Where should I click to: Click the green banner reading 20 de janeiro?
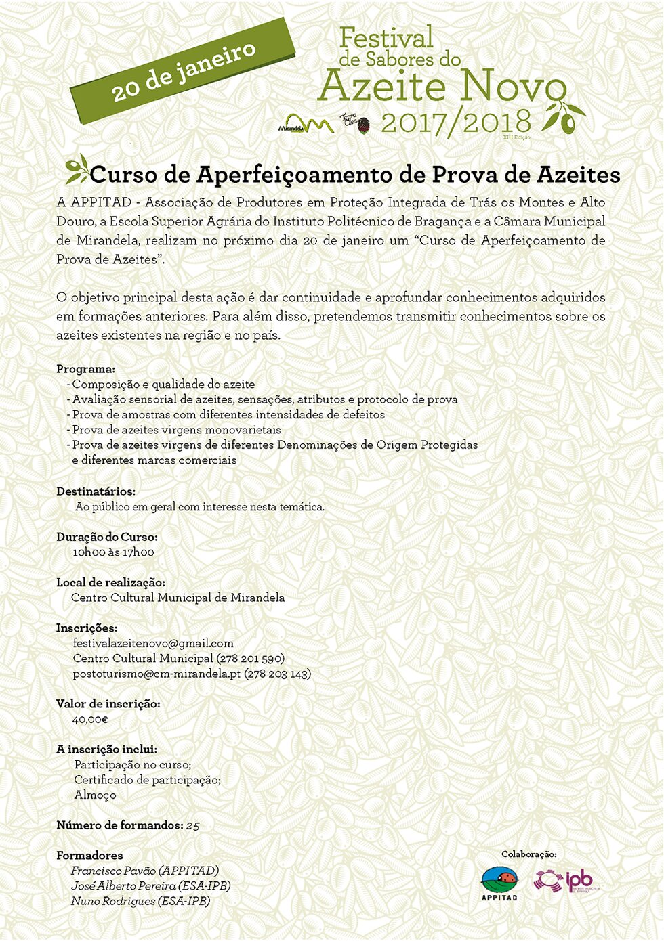(183, 70)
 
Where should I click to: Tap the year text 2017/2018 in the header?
(455, 123)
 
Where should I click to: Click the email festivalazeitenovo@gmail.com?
(153, 643)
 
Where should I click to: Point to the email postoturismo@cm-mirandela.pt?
(157, 674)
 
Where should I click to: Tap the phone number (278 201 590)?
(250, 658)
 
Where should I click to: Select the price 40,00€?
(90, 719)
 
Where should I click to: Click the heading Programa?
(85, 369)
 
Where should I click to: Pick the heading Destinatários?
(96, 491)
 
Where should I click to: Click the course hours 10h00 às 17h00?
(113, 552)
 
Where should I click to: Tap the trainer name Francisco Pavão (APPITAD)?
(144, 871)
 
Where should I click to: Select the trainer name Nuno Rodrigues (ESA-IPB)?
(140, 901)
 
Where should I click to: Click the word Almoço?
(95, 795)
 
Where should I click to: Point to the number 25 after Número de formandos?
(192, 825)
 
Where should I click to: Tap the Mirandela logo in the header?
(306, 124)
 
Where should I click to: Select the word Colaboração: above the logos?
(528, 854)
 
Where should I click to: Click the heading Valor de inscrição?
(108, 704)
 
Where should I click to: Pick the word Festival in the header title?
(386, 38)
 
